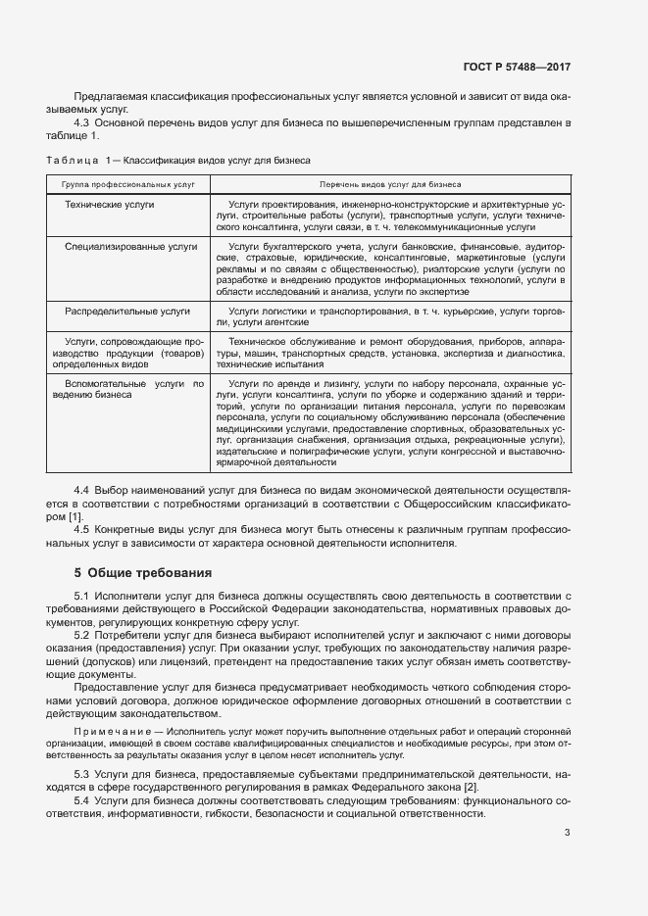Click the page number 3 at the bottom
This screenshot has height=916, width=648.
[568, 833]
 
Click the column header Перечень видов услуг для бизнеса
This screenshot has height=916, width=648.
[390, 183]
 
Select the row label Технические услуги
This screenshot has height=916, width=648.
[110, 205]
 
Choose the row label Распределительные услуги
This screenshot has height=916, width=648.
[127, 311]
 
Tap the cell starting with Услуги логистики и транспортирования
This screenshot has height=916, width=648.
[390, 315]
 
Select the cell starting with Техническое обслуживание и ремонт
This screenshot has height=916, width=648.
[390, 352]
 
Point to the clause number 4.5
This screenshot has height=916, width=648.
[82, 529]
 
